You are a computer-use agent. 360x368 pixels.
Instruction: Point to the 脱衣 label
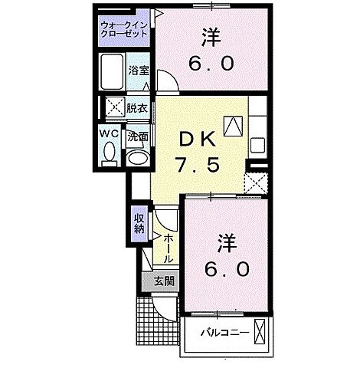tap(138, 109)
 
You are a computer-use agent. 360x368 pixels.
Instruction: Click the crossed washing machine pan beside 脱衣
tap(115, 107)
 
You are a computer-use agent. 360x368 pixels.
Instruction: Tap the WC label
tap(107, 134)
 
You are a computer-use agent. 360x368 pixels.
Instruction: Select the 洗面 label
tap(138, 139)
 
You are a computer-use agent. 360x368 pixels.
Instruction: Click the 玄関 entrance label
tap(163, 281)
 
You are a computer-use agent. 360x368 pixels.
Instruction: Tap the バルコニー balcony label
tap(224, 333)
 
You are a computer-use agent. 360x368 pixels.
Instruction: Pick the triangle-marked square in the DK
tap(233, 123)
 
